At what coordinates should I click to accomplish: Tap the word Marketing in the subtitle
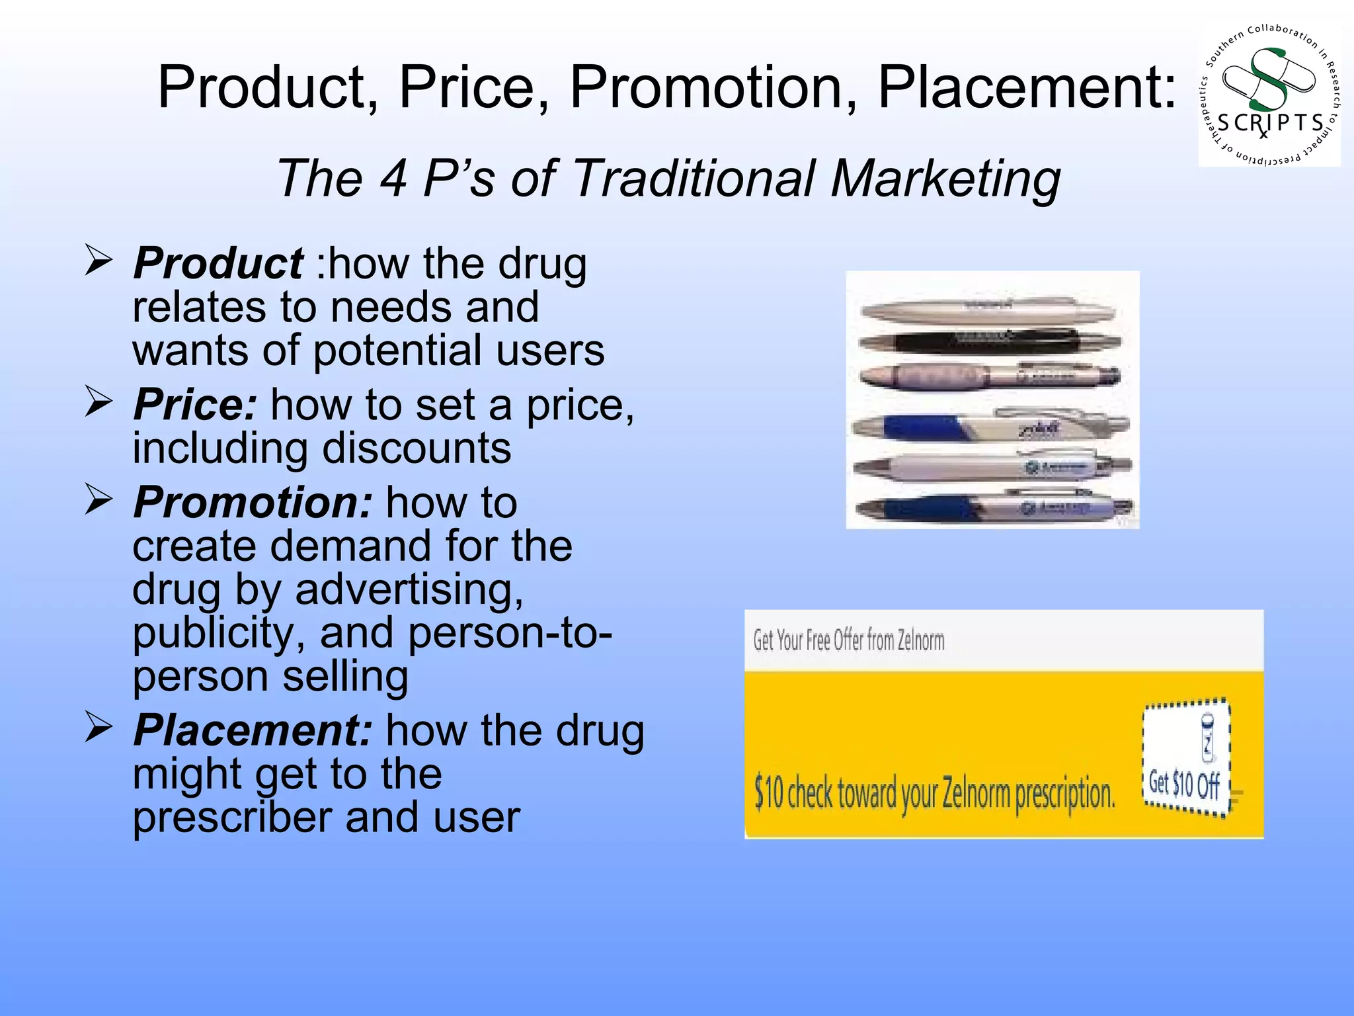pos(946,179)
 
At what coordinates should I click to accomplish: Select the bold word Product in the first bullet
pos(218,263)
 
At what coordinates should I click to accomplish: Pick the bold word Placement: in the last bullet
pos(253,731)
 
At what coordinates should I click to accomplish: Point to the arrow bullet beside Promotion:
pos(98,501)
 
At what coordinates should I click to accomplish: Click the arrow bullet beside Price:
pos(98,403)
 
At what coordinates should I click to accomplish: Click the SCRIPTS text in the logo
pos(1270,124)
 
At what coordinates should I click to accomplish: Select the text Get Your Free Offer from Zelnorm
pos(849,640)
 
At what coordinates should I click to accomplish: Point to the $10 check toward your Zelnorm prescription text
pos(934,793)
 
